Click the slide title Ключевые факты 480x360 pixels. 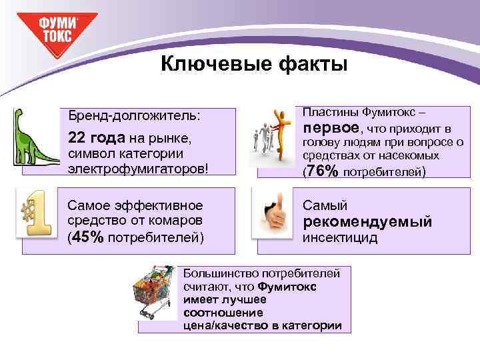pyautogui.click(x=254, y=65)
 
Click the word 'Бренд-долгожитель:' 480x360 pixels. pyautogui.click(x=134, y=115)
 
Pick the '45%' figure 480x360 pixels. pyautogui.click(x=87, y=237)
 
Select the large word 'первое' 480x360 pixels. pyautogui.click(x=331, y=127)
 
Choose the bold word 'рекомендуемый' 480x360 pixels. pyautogui.click(x=367, y=221)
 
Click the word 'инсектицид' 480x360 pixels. pyautogui.click(x=340, y=237)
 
